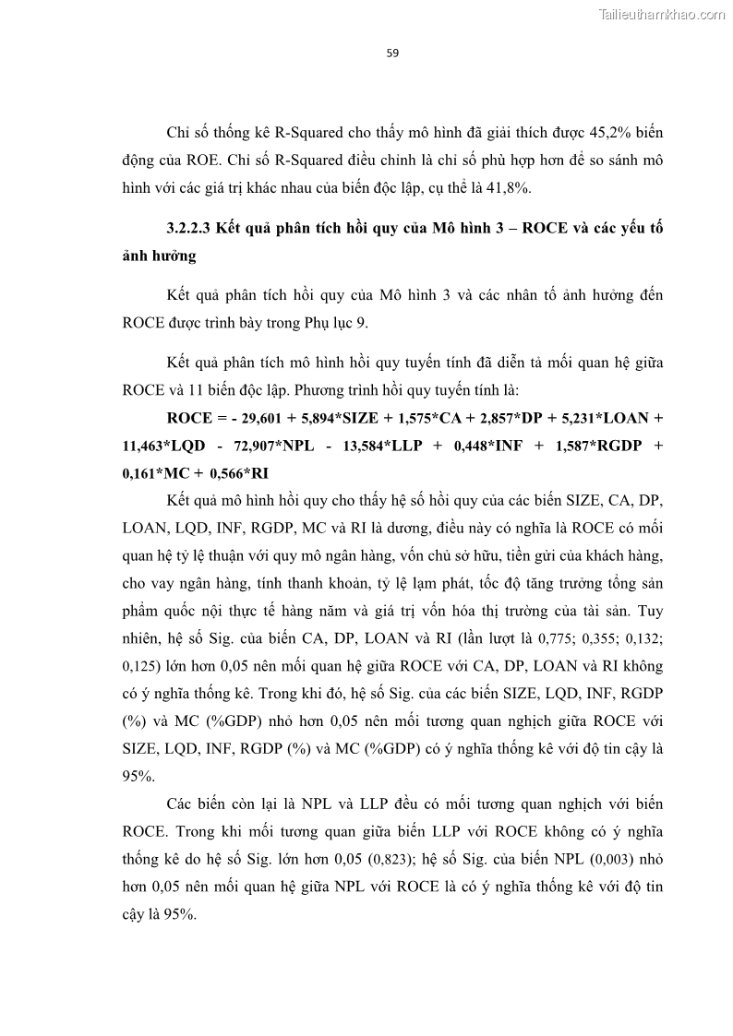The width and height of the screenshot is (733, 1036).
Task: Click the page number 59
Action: [x=392, y=54]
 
